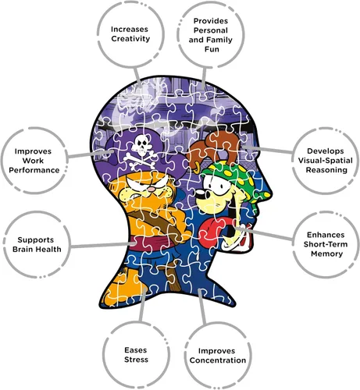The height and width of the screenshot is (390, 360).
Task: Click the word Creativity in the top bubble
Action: [130, 39]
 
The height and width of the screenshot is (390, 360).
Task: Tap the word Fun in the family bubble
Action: [212, 49]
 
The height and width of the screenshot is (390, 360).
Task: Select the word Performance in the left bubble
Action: [34, 170]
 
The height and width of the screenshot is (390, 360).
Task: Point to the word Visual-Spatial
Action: [326, 161]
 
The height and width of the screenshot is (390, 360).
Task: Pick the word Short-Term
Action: [326, 244]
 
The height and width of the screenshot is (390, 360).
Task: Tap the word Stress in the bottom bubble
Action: [136, 360]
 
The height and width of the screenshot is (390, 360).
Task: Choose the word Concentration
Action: [218, 360]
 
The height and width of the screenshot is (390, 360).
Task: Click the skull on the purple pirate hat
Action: [142, 144]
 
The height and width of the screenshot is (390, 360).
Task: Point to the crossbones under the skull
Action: [141, 158]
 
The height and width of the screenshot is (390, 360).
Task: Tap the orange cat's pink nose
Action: [151, 189]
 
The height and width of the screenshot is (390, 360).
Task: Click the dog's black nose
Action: [200, 194]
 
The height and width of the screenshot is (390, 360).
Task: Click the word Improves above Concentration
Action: [216, 351]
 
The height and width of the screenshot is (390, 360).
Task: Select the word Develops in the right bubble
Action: [326, 151]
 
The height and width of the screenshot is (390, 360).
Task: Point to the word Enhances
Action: [326, 235]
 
